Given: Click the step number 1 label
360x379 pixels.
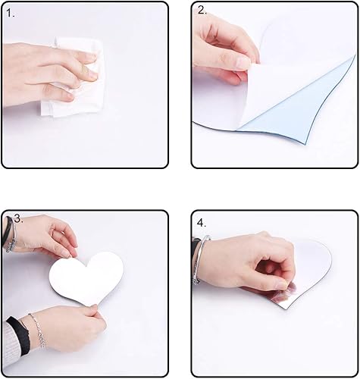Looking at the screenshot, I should click(10, 13).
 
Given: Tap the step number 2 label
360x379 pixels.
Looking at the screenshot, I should click(202, 11).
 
